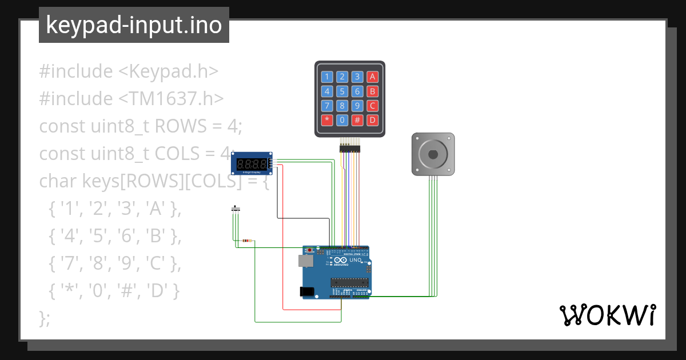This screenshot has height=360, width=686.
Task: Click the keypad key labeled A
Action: point(372,77)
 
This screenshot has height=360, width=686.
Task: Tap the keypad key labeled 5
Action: point(342,91)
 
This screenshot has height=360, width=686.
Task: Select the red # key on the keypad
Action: point(357,120)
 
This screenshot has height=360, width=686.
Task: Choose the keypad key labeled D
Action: point(372,120)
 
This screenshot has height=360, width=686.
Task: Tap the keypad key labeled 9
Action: point(357,106)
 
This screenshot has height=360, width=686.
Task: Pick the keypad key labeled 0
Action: point(342,120)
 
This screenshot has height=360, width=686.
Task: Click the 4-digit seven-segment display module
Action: point(252,163)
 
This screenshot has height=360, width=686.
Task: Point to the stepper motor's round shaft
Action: point(433,154)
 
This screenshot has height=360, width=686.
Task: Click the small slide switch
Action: point(235,209)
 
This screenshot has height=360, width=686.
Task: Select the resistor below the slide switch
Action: point(247,241)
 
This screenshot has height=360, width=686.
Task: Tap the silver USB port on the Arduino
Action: point(305,261)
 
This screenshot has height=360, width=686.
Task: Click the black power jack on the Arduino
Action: point(307,291)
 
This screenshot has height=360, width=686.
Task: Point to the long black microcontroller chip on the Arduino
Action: point(349,281)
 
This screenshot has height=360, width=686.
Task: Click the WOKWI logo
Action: point(607,315)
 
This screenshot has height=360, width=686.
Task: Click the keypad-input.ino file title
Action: point(134,25)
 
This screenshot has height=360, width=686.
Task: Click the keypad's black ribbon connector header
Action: point(350,148)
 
